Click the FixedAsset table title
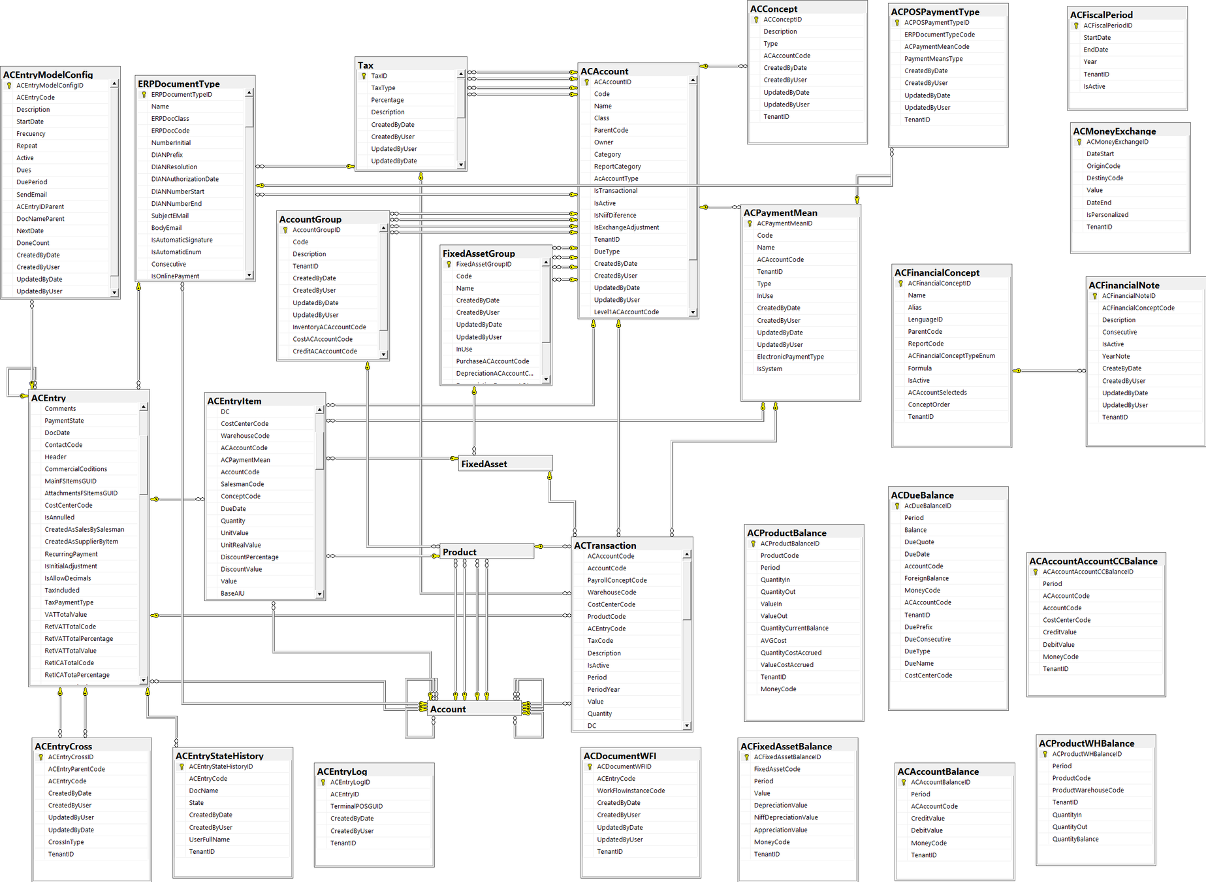pos(484,464)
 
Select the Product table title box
pos(460,552)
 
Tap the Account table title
pos(448,709)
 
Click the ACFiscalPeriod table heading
pos(1102,14)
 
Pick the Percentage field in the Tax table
pos(387,100)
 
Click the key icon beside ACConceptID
pos(756,20)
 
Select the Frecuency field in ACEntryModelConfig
pos(31,134)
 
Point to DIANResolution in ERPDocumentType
pos(174,167)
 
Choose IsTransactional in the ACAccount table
pos(615,191)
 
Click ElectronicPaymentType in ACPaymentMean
pos(790,357)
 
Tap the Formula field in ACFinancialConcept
pos(919,368)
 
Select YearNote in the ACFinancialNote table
pos(1116,357)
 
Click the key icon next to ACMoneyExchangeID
pos(1079,142)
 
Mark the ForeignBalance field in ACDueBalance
pos(926,578)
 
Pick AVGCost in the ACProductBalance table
pos(773,641)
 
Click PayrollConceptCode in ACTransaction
pos(616,580)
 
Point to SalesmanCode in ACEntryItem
pos(242,484)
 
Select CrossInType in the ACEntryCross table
pos(66,842)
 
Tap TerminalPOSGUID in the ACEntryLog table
pos(357,806)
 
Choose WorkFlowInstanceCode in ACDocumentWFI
pos(631,791)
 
